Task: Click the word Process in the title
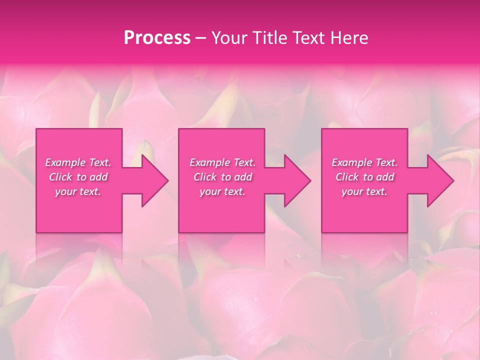tap(157, 37)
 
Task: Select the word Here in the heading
tap(349, 37)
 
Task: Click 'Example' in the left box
tap(65, 162)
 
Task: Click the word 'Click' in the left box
tap(60, 177)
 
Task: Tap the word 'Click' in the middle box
tap(204, 177)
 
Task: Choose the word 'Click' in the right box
tap(347, 177)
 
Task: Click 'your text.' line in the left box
tap(78, 191)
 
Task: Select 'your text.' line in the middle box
tap(222, 191)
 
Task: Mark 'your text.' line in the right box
tap(364, 191)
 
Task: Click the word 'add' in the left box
tap(99, 177)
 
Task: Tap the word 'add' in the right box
tap(385, 177)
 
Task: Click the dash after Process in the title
tap(200, 38)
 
